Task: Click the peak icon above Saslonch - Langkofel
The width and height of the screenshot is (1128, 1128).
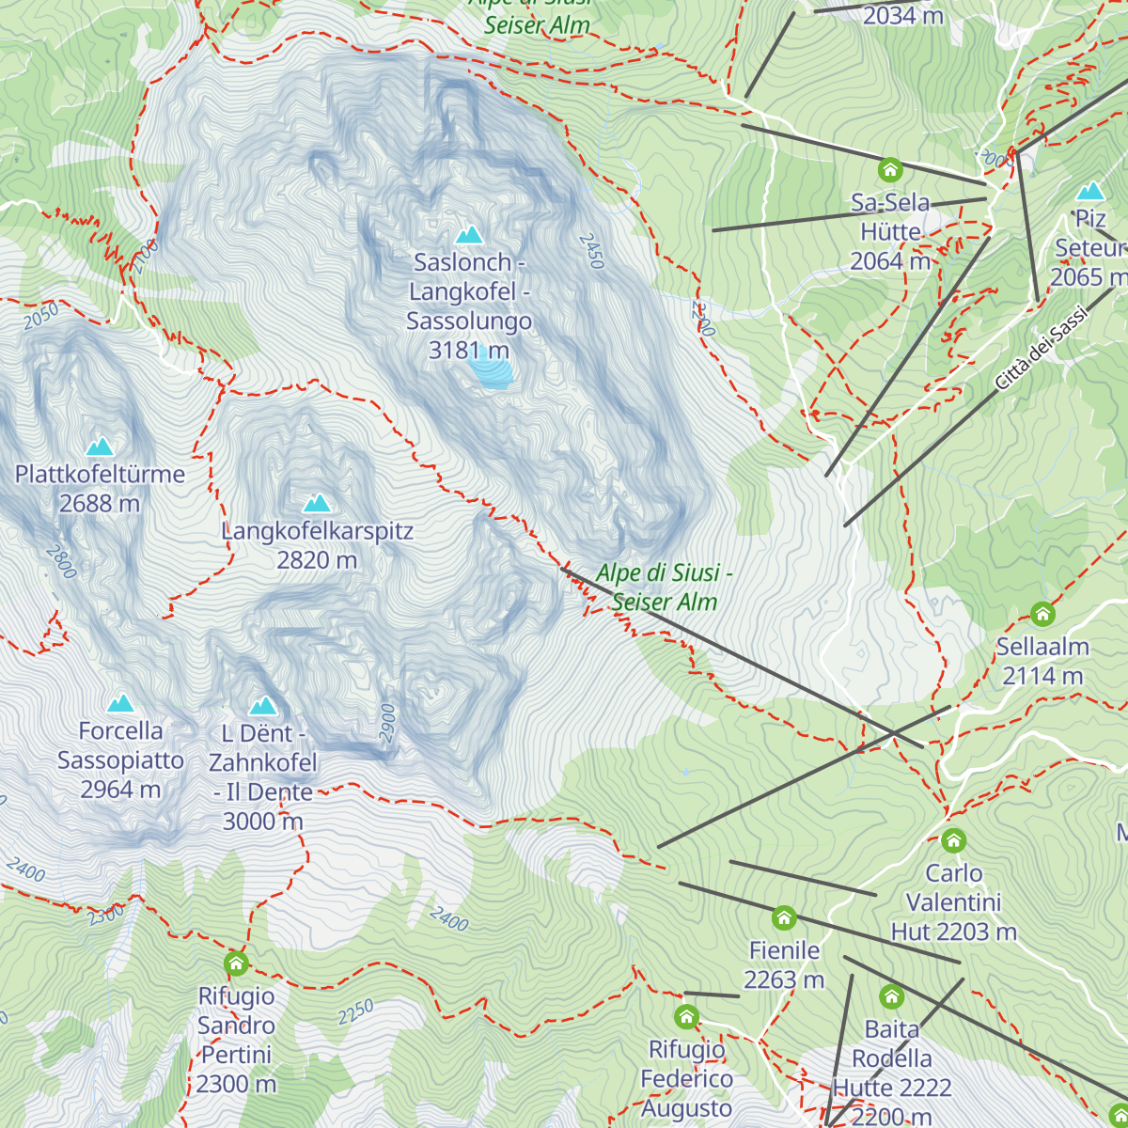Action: click(469, 234)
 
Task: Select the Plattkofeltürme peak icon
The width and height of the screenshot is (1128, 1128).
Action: click(100, 446)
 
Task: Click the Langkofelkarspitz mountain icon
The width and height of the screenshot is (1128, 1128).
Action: click(318, 503)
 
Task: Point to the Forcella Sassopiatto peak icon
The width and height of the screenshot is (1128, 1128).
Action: click(120, 703)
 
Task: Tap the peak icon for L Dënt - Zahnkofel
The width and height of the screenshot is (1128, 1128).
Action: click(263, 705)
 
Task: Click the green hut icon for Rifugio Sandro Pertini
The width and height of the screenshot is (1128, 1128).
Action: click(236, 963)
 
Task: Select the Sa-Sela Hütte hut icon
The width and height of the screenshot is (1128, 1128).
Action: click(890, 170)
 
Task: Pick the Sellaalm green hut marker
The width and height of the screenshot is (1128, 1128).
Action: click(1042, 615)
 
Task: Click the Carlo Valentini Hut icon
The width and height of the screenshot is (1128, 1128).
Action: click(953, 840)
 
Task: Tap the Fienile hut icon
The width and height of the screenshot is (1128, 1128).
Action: click(784, 917)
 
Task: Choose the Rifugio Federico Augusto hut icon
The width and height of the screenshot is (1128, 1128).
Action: click(686, 1016)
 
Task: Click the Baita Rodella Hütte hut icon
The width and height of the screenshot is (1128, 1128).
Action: click(891, 996)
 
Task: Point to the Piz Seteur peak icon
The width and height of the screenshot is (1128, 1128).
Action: click(1090, 192)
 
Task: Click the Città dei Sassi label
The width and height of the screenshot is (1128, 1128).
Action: click(1041, 349)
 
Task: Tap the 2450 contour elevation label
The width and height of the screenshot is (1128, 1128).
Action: click(591, 251)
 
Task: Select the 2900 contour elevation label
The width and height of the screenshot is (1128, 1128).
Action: click(388, 723)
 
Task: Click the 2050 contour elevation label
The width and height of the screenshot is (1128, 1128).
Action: click(41, 316)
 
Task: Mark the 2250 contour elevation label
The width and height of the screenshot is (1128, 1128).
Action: click(356, 1012)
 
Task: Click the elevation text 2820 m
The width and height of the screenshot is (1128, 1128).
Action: click(317, 560)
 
